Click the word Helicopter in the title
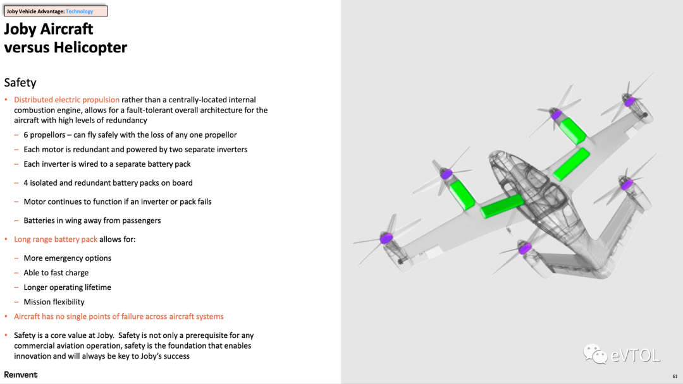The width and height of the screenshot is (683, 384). pyautogui.click(x=90, y=47)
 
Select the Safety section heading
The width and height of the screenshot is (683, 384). pyautogui.click(x=20, y=83)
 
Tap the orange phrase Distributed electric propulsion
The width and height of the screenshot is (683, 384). pyautogui.click(x=66, y=100)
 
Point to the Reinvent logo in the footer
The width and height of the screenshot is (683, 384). pyautogui.click(x=21, y=375)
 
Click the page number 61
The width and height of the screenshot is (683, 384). pyautogui.click(x=675, y=376)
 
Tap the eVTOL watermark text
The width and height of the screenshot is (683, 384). pyautogui.click(x=635, y=356)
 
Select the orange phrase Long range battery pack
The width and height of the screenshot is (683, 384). pyautogui.click(x=56, y=239)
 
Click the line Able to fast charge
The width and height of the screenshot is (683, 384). pyautogui.click(x=56, y=273)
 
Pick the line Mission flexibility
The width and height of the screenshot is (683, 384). pyautogui.click(x=54, y=302)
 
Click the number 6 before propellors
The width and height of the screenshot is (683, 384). pyautogui.click(x=26, y=135)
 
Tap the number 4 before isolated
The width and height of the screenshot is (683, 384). pyautogui.click(x=26, y=183)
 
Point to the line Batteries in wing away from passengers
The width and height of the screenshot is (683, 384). pyautogui.click(x=92, y=220)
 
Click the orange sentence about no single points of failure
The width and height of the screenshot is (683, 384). pyautogui.click(x=119, y=316)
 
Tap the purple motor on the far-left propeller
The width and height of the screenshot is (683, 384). pyautogui.click(x=386, y=237)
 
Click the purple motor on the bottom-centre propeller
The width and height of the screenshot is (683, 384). pyautogui.click(x=524, y=249)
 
